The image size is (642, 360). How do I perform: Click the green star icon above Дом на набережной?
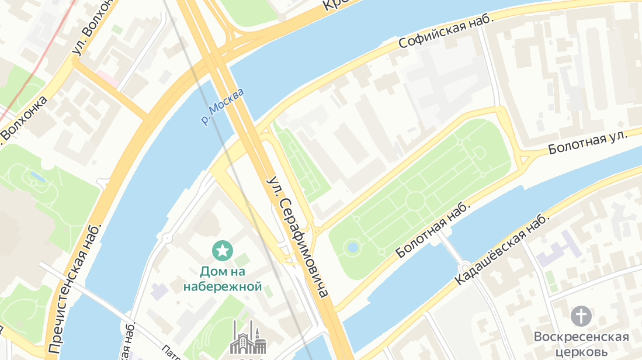pos(222,251)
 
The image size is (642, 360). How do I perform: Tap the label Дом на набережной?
pos(222,279)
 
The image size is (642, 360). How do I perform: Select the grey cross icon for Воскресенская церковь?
pos(581,316)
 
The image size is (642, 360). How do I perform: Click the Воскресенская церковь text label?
pos(581,344)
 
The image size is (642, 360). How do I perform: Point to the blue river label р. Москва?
pos(221,106)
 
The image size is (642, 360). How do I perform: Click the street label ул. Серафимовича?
pos(296,236)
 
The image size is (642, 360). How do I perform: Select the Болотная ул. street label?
pos(587,143)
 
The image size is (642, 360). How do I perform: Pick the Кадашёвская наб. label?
pos(503,248)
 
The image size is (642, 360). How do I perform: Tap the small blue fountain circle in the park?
pos(352,247)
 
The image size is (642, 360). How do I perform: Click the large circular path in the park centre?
pos(415,200)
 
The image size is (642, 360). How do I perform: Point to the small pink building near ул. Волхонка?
pos(106,77)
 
